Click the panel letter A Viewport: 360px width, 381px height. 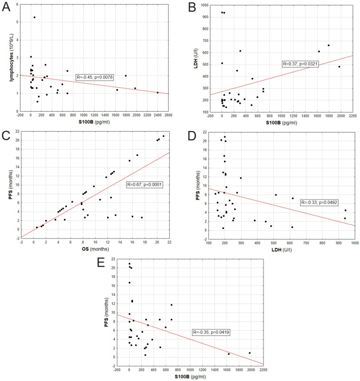6,7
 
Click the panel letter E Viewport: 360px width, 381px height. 101,263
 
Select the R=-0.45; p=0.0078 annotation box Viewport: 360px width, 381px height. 95,77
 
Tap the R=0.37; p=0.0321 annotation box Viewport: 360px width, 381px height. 300,64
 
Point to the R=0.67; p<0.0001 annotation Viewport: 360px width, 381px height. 145,185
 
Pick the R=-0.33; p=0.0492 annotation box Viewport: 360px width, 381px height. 319,202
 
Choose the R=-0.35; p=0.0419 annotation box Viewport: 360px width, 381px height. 211,332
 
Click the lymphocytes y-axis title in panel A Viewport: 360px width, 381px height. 11,57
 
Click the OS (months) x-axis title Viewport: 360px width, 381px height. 96,249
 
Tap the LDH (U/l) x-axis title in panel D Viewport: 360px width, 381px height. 282,249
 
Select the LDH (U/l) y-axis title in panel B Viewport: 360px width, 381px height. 196,58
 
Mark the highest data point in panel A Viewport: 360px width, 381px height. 34,17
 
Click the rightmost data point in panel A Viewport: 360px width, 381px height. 157,92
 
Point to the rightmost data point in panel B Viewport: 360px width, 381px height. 340,67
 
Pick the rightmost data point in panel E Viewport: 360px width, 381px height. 250,353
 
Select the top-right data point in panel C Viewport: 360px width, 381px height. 164,136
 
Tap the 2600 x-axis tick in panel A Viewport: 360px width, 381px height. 168,115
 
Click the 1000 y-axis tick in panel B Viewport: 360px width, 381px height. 204,5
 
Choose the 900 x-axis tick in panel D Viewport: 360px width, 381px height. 339,243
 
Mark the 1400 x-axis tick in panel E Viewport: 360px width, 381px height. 215,370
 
